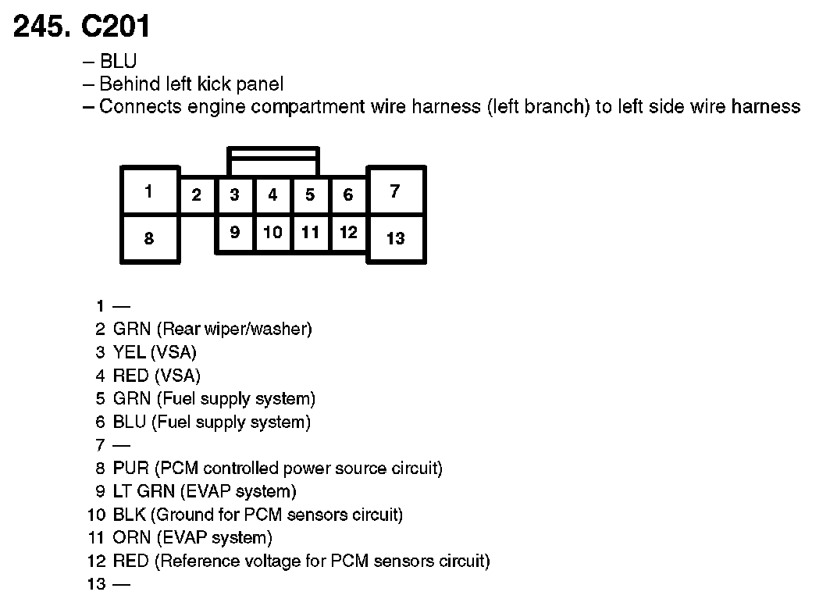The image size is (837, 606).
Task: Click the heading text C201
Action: coord(116,27)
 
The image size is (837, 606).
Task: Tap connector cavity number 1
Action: coord(148,191)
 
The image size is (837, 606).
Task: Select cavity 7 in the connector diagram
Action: coord(395,191)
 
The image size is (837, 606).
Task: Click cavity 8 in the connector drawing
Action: coord(148,239)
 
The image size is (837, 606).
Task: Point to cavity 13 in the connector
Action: coord(395,239)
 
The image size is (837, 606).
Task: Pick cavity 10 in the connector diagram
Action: coord(272,233)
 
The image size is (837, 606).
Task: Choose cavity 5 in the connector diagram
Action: coord(310,195)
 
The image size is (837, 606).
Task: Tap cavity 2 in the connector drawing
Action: coord(197,195)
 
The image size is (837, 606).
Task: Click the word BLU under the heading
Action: coord(118,61)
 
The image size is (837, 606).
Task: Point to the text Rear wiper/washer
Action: coord(236,330)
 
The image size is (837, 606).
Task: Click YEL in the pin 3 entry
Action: coord(129,353)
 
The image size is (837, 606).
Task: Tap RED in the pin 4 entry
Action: coord(130,376)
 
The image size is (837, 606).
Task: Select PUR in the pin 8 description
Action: coord(130,469)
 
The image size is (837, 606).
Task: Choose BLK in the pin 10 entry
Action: coord(129,515)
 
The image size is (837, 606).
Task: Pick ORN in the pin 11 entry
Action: coord(130,538)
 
